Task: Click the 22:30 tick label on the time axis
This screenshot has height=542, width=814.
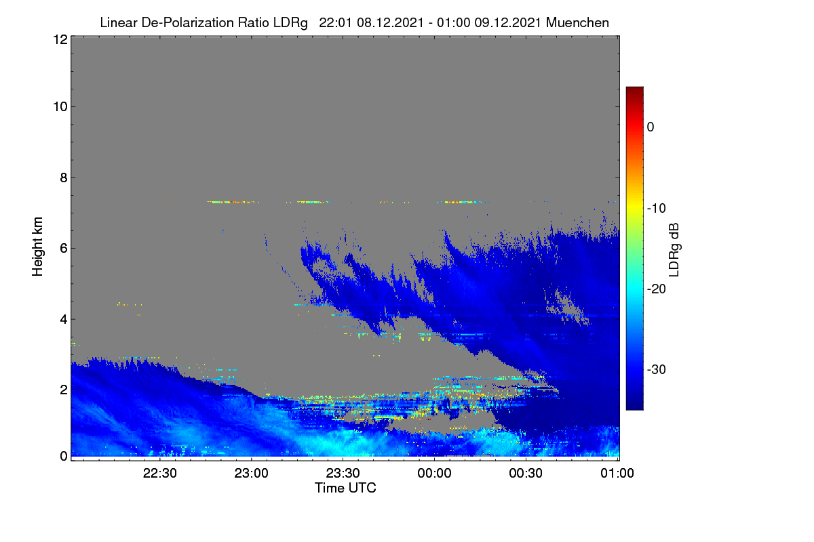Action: coord(159,473)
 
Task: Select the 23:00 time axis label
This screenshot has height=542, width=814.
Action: coord(251,473)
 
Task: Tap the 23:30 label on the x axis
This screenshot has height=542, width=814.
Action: coord(343,473)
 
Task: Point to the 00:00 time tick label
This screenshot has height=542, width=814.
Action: coord(434,473)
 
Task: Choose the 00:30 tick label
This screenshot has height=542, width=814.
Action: coord(526,473)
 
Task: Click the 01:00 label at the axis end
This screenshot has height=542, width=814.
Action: coord(617,473)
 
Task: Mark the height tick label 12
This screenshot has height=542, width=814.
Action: coord(60,39)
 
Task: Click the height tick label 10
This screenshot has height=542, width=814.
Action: coord(60,107)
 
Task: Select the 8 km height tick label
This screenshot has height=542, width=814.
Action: coord(64,178)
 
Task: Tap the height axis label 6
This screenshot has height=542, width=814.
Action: coord(64,249)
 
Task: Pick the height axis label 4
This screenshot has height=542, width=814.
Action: coord(64,320)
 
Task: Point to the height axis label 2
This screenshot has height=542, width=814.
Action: coord(64,390)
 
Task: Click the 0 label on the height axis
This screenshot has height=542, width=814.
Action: coord(64,456)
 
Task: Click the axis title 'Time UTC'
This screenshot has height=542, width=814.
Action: coord(345,488)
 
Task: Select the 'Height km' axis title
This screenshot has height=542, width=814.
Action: coord(37,247)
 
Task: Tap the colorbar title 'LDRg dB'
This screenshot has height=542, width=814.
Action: coord(674,250)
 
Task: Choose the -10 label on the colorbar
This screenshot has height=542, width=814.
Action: coord(657,209)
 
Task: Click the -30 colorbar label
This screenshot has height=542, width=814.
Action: coord(657,369)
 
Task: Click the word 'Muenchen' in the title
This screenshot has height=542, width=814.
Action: coord(577,22)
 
